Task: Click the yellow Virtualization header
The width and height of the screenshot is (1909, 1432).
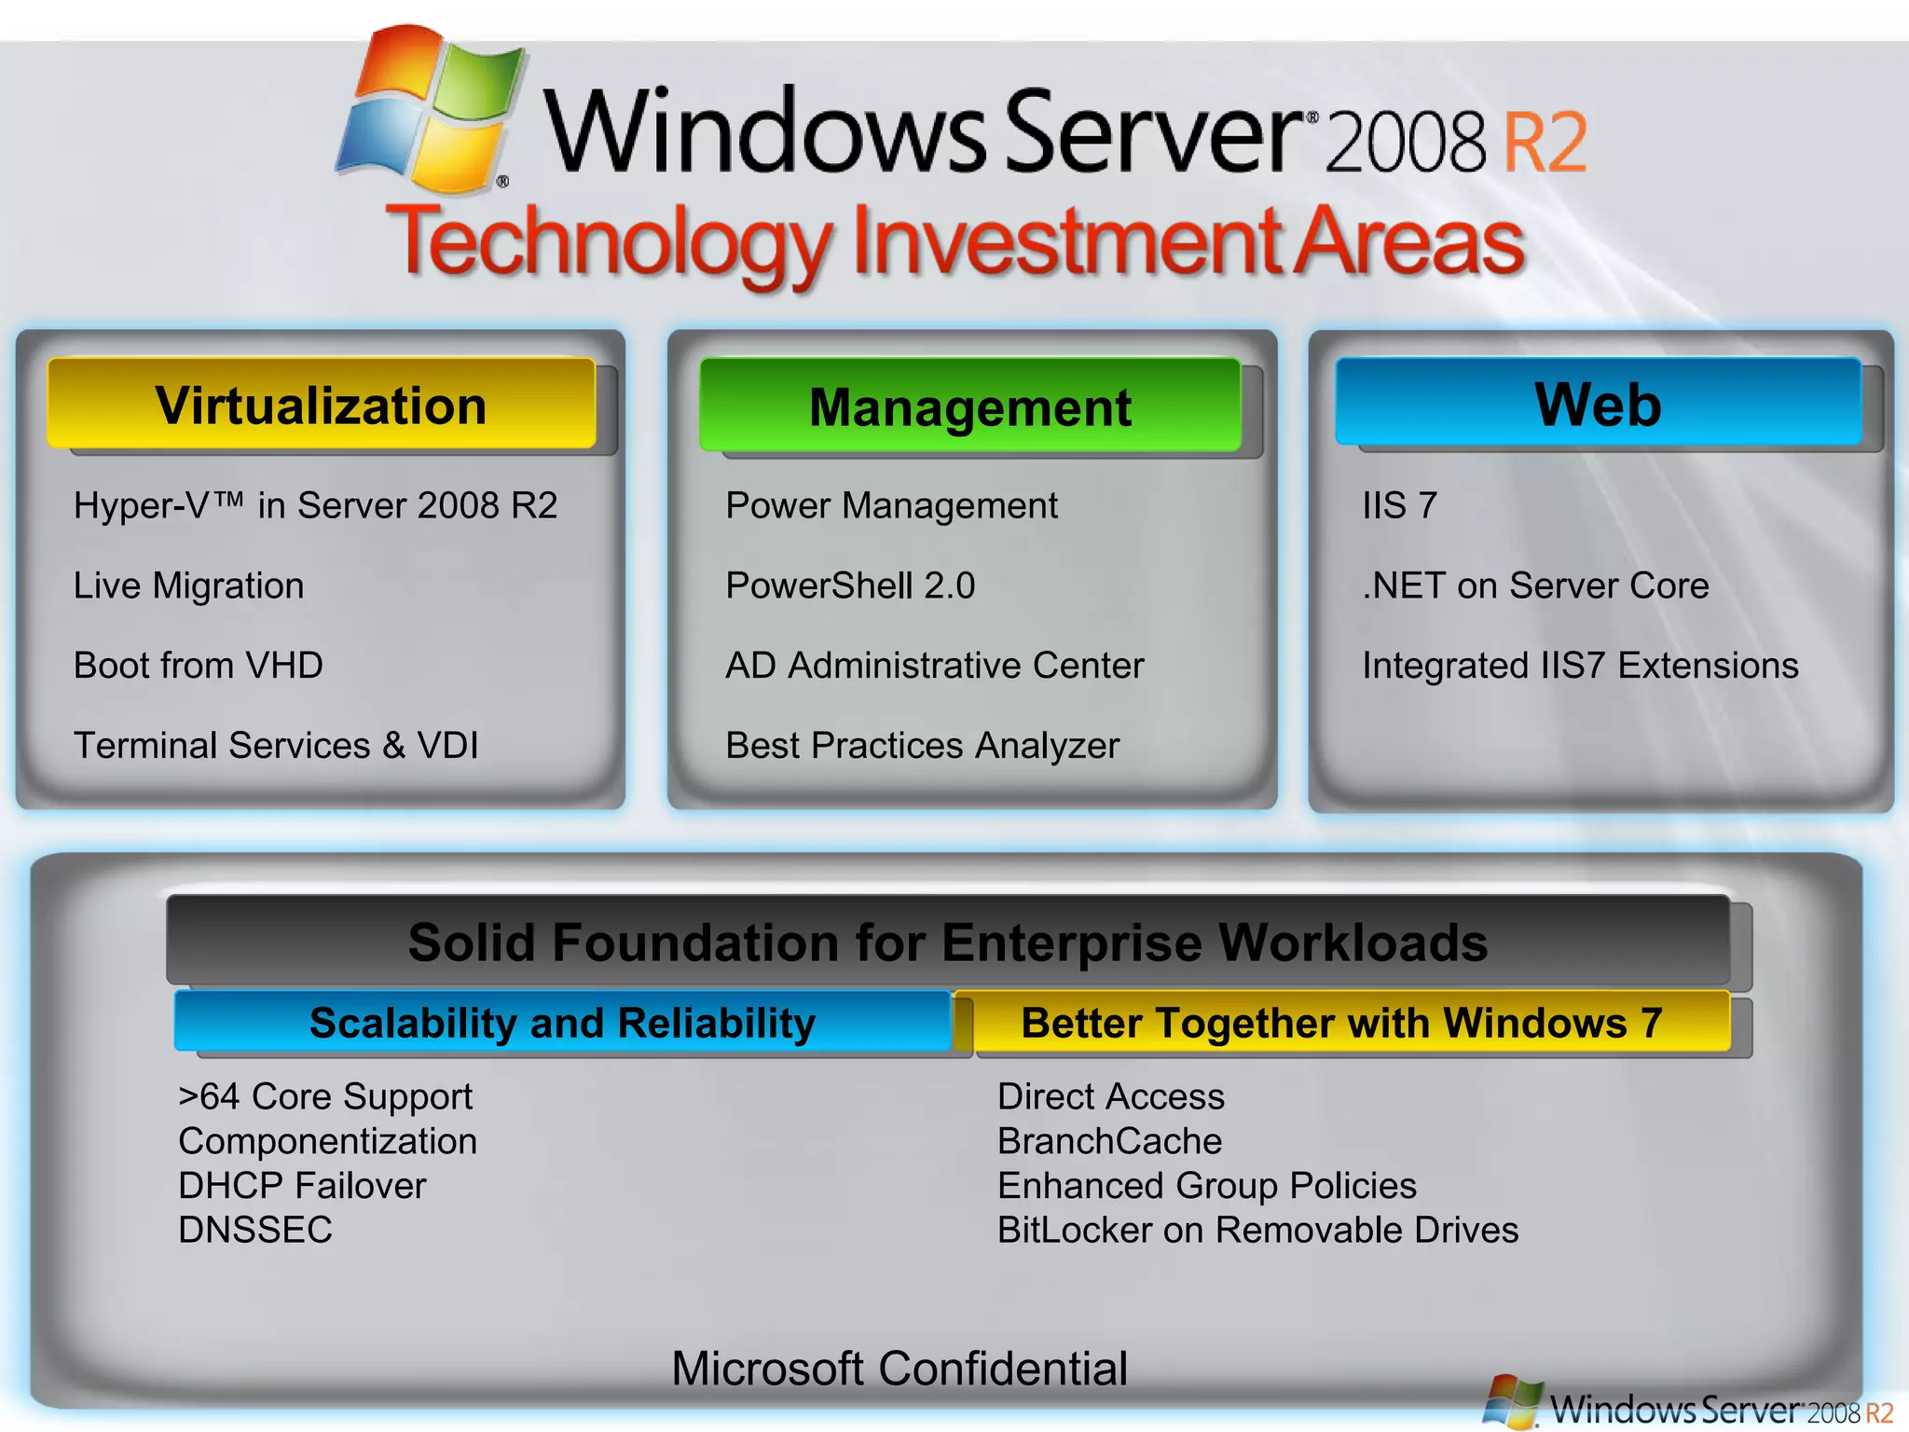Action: pyautogui.click(x=321, y=405)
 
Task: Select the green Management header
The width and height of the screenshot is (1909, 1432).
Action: pyautogui.click(x=969, y=406)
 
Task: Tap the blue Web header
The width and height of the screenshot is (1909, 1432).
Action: pyautogui.click(x=1598, y=403)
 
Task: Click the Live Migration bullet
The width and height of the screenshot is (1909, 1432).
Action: pyautogui.click(x=189, y=585)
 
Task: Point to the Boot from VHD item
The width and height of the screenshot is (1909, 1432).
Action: pyautogui.click(x=199, y=666)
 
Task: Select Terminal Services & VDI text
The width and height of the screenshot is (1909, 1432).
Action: pyautogui.click(x=276, y=746)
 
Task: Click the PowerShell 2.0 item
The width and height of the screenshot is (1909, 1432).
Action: pyautogui.click(x=850, y=585)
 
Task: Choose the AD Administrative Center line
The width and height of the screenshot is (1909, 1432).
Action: pyautogui.click(x=934, y=666)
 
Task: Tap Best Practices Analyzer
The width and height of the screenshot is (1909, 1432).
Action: pyautogui.click(x=922, y=746)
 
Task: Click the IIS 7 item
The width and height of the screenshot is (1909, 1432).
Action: pyautogui.click(x=1399, y=505)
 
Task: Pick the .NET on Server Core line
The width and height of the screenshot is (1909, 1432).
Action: pyautogui.click(x=1535, y=585)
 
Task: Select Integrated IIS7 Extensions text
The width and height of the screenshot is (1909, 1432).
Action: pyautogui.click(x=1580, y=666)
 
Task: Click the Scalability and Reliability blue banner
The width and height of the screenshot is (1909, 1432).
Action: pyautogui.click(x=562, y=1023)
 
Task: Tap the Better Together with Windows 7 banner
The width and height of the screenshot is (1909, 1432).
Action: pyautogui.click(x=1341, y=1023)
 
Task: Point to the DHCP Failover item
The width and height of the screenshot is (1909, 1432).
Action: pyautogui.click(x=302, y=1186)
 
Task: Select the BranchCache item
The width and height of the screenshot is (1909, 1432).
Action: pyautogui.click(x=1109, y=1141)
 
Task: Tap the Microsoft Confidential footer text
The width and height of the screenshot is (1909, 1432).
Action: pyautogui.click(x=900, y=1369)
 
